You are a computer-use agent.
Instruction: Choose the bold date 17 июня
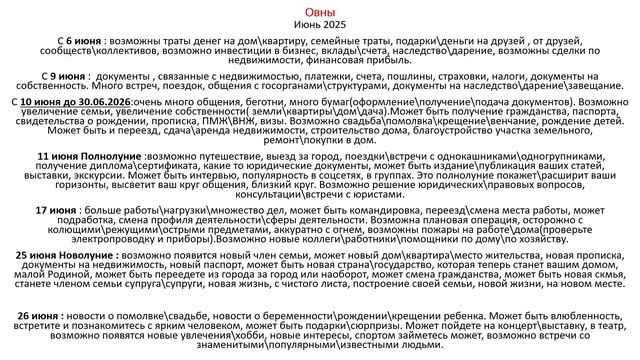tap(56, 211)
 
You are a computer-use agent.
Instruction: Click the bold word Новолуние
tap(84, 256)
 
